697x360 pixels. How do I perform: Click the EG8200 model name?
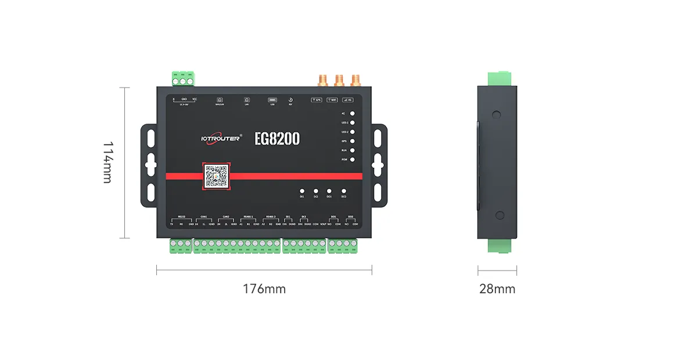tap(277, 139)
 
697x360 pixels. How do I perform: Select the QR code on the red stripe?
tap(216, 176)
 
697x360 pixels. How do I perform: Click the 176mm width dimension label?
tap(264, 289)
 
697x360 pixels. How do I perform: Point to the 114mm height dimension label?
tap(108, 162)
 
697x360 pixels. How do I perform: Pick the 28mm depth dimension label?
tap(497, 289)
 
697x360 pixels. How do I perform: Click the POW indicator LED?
tap(353, 159)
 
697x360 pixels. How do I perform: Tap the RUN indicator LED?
tap(353, 150)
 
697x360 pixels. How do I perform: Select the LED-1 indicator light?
tap(353, 123)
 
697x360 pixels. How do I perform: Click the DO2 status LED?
tap(343, 190)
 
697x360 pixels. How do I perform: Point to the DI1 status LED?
tap(302, 190)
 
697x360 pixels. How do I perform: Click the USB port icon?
tap(272, 100)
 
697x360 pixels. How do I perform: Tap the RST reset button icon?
tap(290, 100)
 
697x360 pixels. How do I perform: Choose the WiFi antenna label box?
tap(332, 100)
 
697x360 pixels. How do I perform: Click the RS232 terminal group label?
tap(181, 217)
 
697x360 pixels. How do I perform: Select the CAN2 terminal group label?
tap(226, 217)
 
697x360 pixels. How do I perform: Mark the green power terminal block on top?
tap(183, 77)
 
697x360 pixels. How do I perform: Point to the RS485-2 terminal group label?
tap(271, 217)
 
